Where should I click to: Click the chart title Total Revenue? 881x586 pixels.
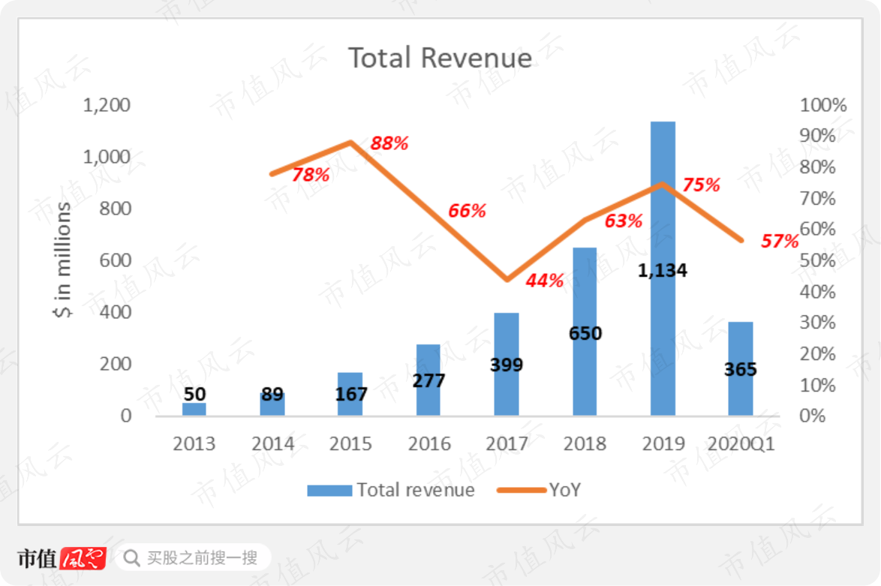[x=440, y=58]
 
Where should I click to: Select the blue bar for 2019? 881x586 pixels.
[x=663, y=269]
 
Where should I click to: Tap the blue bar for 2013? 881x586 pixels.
[x=194, y=409]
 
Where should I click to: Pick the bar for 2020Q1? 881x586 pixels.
[x=741, y=368]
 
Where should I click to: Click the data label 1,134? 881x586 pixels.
[x=663, y=271]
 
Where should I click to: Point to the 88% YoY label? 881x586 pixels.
[x=389, y=143]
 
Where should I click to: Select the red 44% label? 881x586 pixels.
[x=545, y=281]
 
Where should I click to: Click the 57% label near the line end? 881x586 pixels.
[x=780, y=241]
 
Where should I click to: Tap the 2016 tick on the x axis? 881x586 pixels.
[x=429, y=444]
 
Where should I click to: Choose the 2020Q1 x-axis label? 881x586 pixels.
[x=741, y=444]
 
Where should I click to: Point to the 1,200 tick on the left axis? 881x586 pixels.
[x=107, y=105]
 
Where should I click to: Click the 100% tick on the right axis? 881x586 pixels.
[x=823, y=105]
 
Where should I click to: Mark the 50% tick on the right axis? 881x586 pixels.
[x=817, y=260]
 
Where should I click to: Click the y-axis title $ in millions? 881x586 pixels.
[x=62, y=260]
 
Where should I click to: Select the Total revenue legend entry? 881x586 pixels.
[x=391, y=490]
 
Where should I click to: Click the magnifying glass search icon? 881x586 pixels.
[x=131, y=558]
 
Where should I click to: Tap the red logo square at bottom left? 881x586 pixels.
[x=83, y=558]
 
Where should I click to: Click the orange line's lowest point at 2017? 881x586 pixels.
[x=507, y=279]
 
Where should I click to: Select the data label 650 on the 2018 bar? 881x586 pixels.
[x=585, y=334]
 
